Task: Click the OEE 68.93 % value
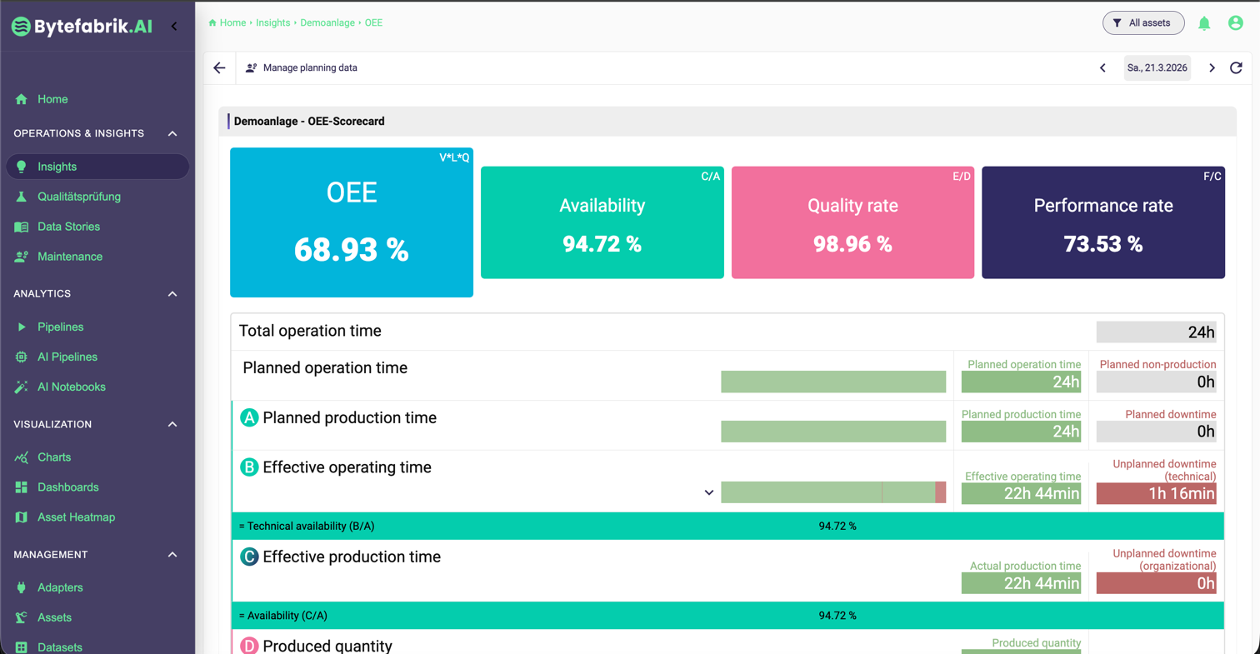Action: click(x=351, y=250)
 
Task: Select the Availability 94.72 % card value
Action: click(x=602, y=244)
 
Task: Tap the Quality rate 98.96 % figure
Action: click(x=852, y=244)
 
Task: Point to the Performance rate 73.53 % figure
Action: click(x=1102, y=244)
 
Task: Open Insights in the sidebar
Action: click(x=57, y=167)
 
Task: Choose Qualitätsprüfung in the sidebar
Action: click(x=79, y=197)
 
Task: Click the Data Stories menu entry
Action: click(x=68, y=227)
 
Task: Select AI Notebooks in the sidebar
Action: click(x=71, y=387)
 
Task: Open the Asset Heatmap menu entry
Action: click(x=76, y=517)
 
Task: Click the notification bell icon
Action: click(x=1203, y=23)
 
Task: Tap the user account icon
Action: click(x=1236, y=23)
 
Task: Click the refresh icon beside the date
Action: click(x=1236, y=67)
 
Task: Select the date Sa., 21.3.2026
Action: click(x=1157, y=67)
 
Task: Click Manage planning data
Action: click(x=310, y=67)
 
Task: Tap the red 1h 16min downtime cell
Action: click(x=1156, y=493)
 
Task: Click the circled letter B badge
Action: click(x=249, y=467)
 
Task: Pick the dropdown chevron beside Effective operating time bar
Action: click(x=709, y=492)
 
